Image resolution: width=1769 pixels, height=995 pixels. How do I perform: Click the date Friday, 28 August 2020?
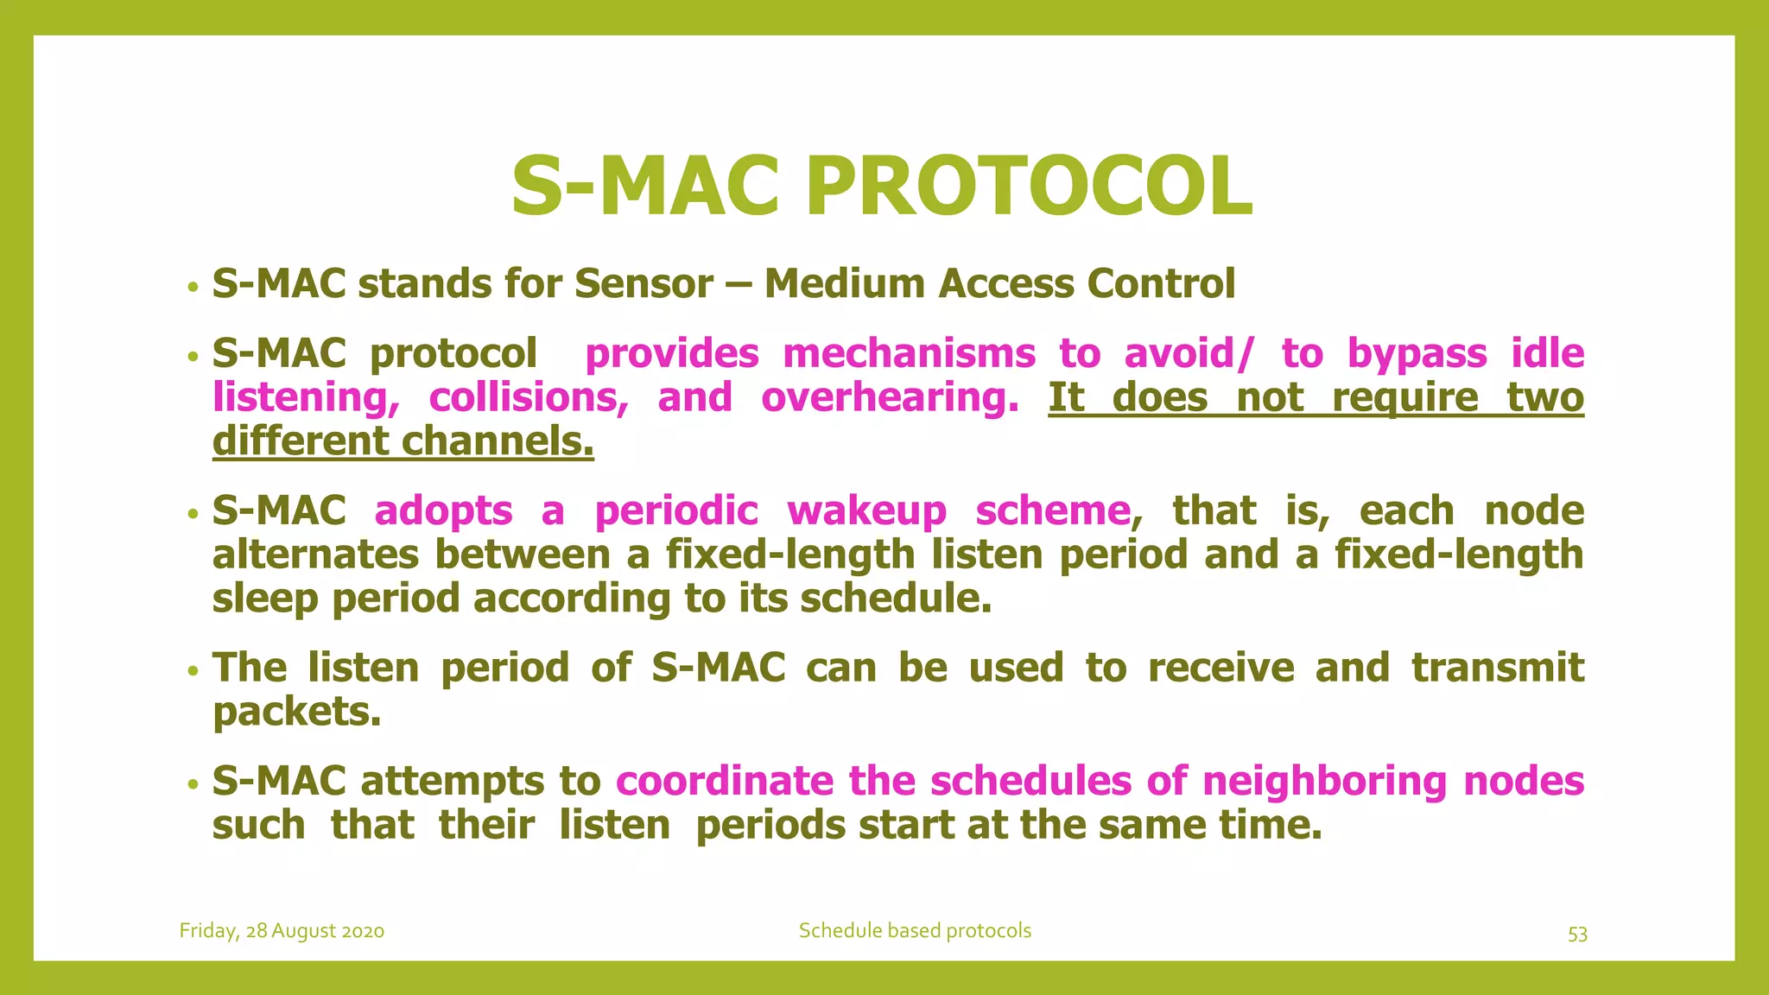point(282,931)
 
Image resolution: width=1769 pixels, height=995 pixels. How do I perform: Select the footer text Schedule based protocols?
point(915,931)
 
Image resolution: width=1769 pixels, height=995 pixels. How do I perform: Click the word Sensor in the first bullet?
point(644,284)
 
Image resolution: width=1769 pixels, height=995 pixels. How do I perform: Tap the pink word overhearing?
point(890,398)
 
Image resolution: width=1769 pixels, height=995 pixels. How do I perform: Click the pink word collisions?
point(529,398)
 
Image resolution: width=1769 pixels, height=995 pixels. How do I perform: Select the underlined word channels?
point(498,441)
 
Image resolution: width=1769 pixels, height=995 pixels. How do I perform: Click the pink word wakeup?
point(866,511)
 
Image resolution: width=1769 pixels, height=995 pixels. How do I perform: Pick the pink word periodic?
point(676,511)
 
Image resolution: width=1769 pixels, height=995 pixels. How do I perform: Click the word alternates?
point(315,555)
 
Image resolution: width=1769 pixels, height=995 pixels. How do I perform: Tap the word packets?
point(296,713)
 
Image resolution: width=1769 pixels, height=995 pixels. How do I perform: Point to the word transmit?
point(1498,669)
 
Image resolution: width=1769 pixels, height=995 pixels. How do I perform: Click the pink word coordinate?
point(725,782)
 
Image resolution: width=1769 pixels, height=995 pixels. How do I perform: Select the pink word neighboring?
point(1324,782)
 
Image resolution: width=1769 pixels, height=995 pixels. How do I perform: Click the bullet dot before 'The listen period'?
point(194,670)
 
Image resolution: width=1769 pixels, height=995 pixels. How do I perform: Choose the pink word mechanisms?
point(909,354)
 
